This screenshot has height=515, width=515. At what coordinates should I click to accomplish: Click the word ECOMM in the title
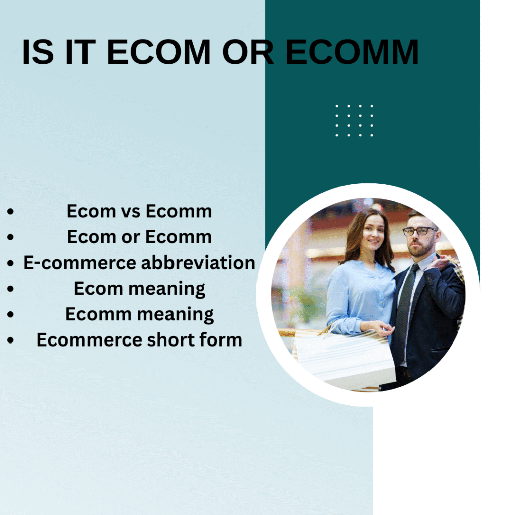[352, 52]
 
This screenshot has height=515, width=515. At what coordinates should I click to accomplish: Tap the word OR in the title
[247, 52]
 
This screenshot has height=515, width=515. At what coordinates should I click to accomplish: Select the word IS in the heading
[38, 52]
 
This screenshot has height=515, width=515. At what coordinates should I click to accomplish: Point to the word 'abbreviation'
[198, 263]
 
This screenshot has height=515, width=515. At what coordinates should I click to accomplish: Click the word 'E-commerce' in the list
[80, 263]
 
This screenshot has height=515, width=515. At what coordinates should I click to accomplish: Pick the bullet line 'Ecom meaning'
[139, 289]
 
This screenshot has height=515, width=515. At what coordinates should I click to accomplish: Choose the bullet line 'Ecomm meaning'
[139, 314]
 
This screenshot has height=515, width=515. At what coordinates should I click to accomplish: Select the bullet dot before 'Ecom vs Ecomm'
[10, 211]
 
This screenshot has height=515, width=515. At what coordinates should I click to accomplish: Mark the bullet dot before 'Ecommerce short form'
[10, 340]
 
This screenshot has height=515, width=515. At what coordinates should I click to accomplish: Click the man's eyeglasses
[420, 231]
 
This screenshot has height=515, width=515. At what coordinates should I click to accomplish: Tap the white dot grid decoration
[355, 121]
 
